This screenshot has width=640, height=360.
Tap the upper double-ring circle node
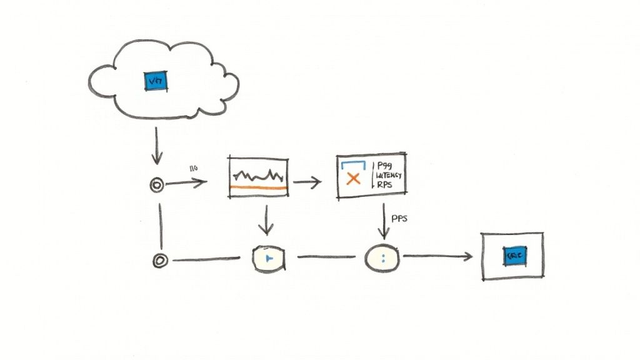pyautogui.click(x=157, y=184)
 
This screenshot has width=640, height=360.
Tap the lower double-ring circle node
pyautogui.click(x=160, y=261)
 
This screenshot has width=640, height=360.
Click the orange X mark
pyautogui.click(x=353, y=179)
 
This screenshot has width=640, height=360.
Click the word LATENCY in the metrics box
pyautogui.click(x=389, y=176)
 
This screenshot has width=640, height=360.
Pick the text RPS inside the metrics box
pyautogui.click(x=385, y=185)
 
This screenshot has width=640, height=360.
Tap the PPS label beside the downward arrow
pyautogui.click(x=399, y=219)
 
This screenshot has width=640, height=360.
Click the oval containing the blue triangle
pyautogui.click(x=269, y=258)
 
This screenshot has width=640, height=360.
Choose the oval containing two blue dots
pyautogui.click(x=382, y=257)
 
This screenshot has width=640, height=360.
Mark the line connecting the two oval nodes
pyautogui.click(x=325, y=257)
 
